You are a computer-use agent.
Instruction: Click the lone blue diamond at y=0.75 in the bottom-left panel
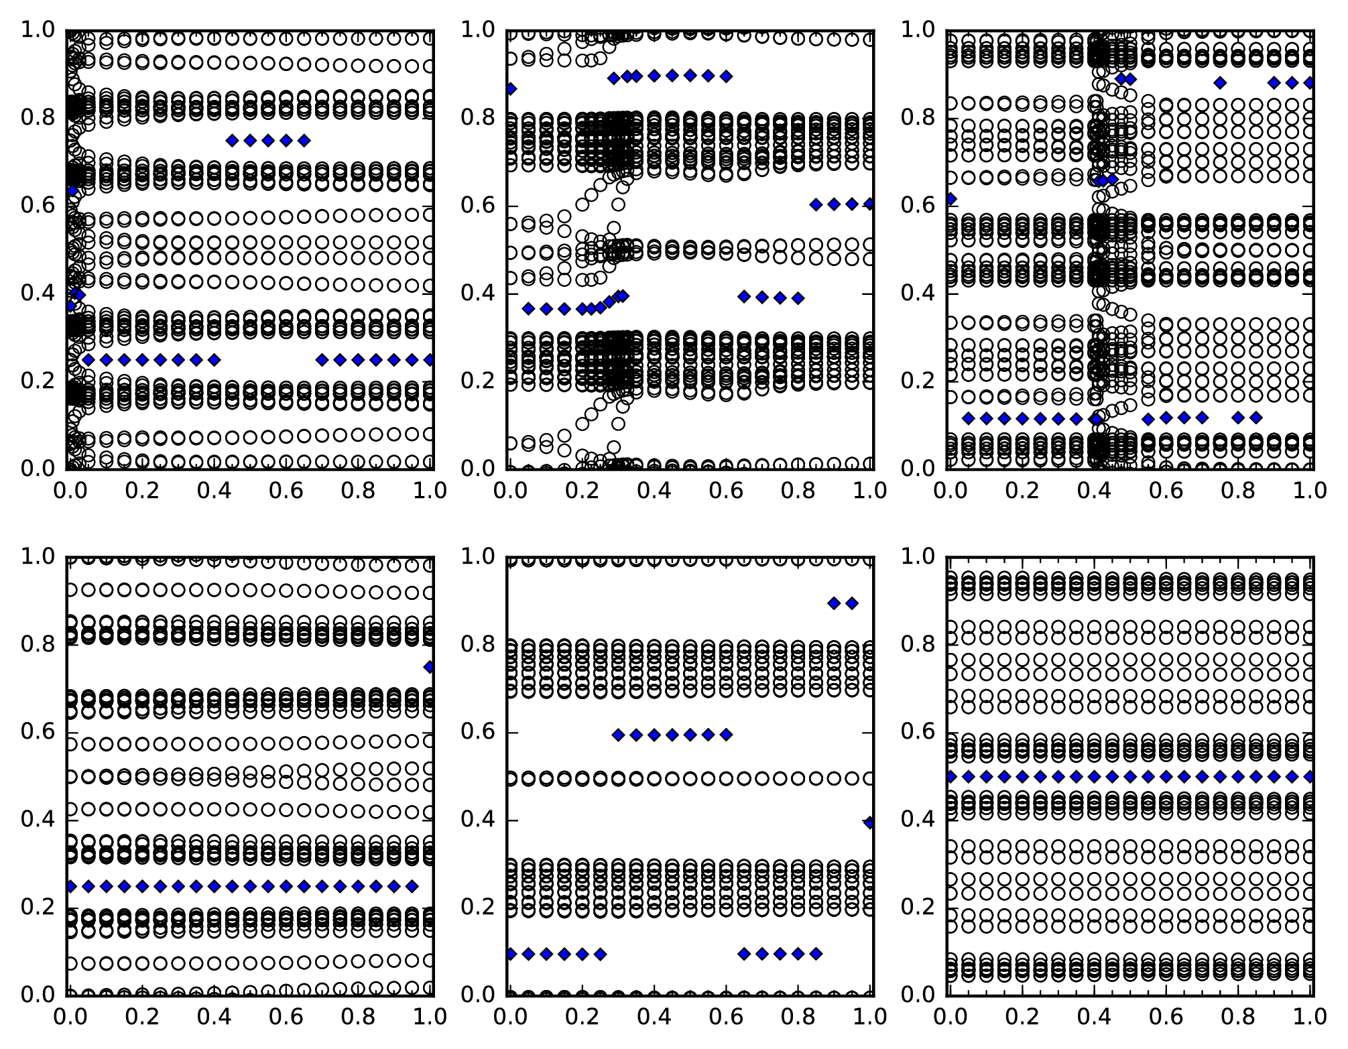429,667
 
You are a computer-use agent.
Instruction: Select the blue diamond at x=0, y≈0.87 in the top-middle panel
511,88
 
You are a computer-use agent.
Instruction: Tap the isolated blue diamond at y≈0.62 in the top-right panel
951,198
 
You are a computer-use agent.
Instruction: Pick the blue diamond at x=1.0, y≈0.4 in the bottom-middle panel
869,822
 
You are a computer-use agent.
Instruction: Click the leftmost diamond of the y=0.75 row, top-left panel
232,140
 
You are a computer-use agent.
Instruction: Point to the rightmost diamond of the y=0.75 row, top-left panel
304,140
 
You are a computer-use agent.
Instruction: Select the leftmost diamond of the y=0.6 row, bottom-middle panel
618,735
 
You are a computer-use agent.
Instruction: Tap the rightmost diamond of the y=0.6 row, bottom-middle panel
726,735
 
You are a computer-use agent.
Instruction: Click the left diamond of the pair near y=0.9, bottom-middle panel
834,603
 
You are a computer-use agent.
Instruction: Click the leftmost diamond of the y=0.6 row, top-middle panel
816,204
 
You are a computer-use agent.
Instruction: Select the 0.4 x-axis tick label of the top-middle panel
654,491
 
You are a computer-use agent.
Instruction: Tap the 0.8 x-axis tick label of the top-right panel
1238,491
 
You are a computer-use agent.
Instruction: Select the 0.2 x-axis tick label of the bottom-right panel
1022,1016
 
